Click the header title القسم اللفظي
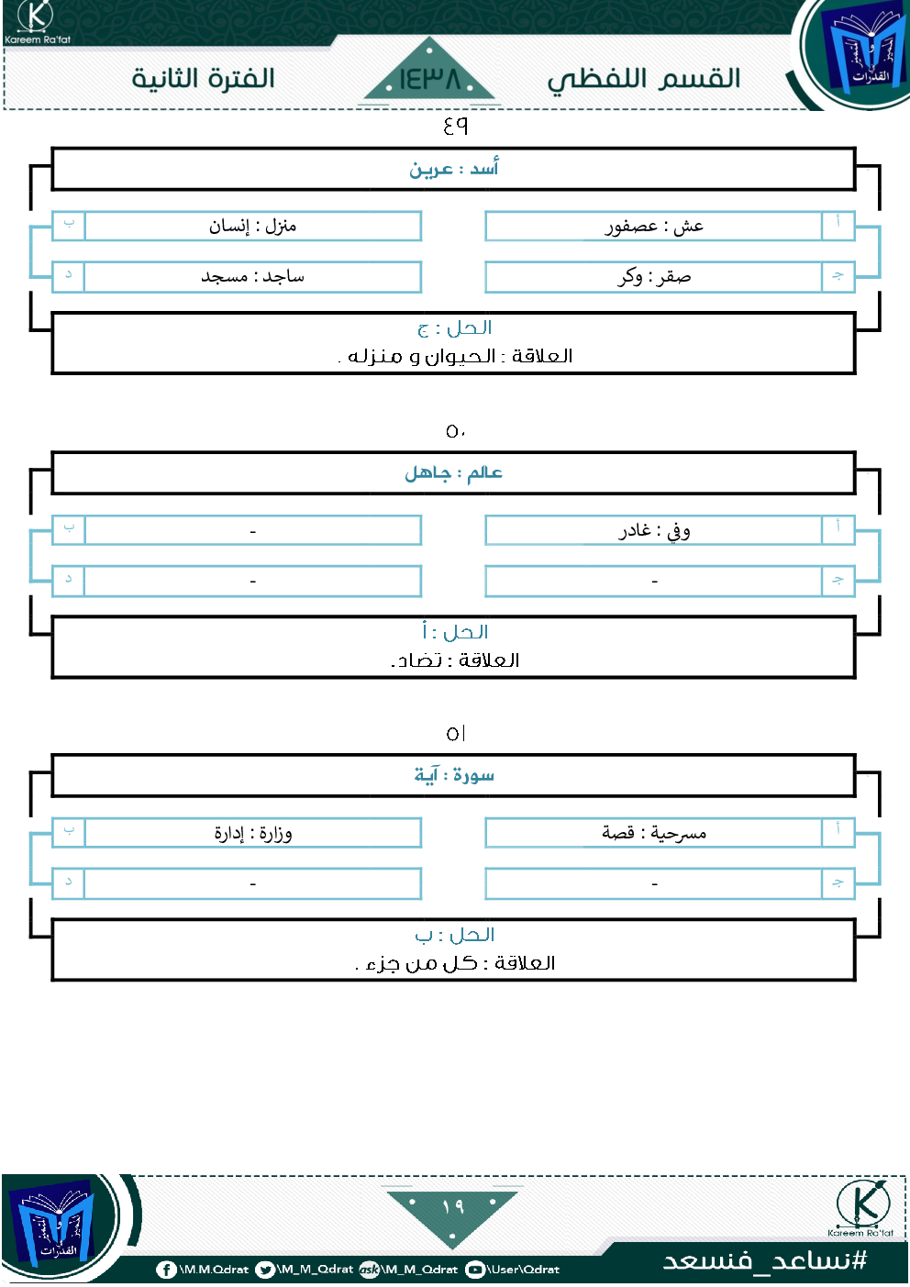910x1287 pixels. tap(643, 79)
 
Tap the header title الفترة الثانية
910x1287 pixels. tap(204, 78)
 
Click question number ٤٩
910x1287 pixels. tap(456, 125)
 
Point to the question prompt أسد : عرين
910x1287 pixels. tap(454, 169)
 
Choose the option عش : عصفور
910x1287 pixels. tap(654, 227)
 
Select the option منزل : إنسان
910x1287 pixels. tap(252, 226)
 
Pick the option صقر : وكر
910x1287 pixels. tap(654, 277)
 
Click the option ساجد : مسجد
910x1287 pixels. tap(252, 276)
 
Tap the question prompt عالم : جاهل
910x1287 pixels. tap(454, 472)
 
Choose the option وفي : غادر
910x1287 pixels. tap(654, 530)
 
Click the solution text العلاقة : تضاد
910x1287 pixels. tap(455, 660)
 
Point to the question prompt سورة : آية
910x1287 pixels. tap(454, 775)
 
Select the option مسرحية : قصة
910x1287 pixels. tap(654, 833)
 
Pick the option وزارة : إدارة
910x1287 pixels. tap(253, 833)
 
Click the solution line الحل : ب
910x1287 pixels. tap(454, 935)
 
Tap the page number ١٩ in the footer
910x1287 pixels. tap(452, 1205)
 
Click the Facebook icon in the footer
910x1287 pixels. tap(166, 1270)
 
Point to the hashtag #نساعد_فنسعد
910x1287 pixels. tap(765, 1260)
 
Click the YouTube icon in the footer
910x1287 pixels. tap(474, 1270)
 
